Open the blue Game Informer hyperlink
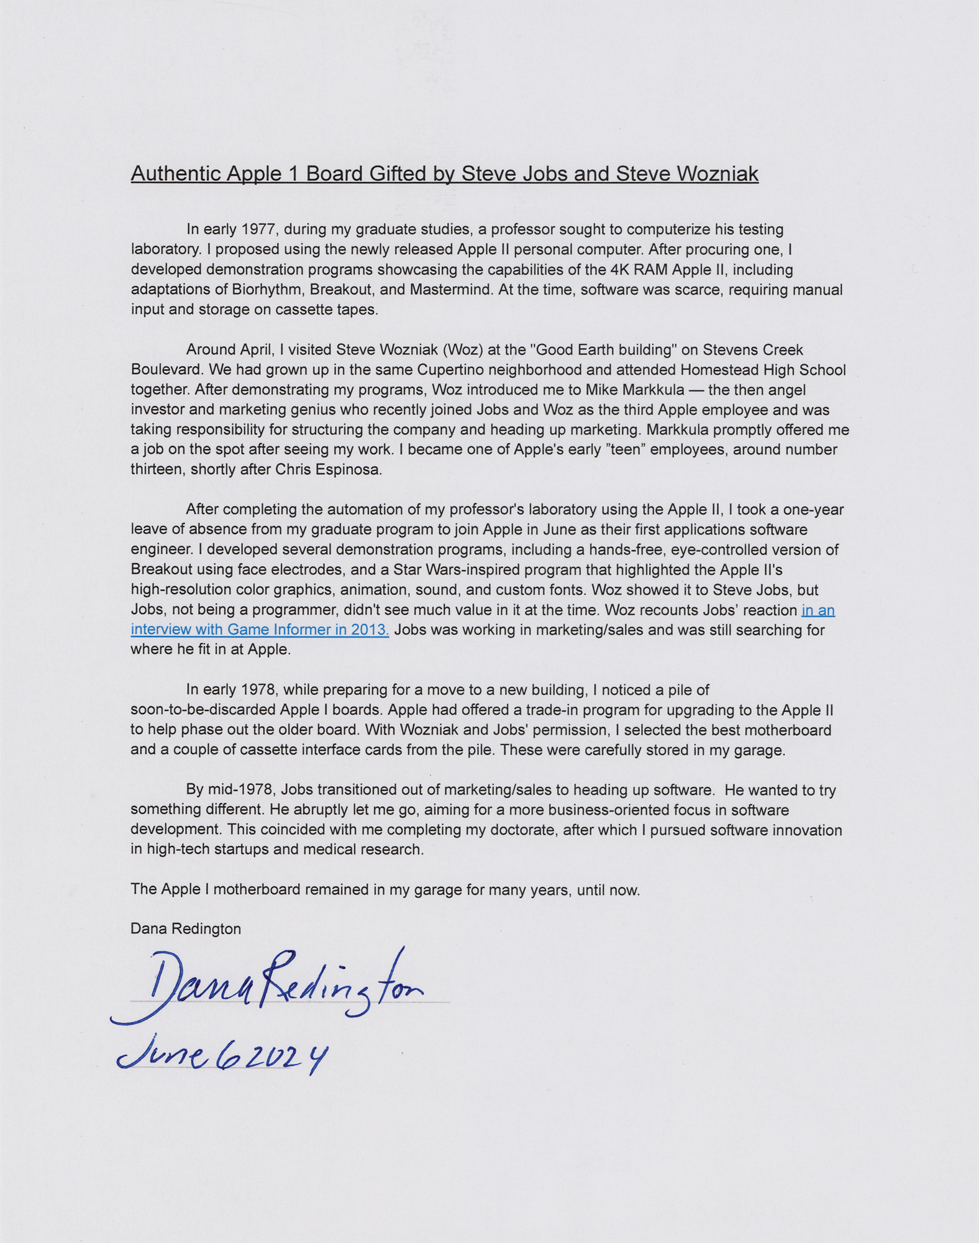tap(260, 630)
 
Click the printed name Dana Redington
tap(185, 929)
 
